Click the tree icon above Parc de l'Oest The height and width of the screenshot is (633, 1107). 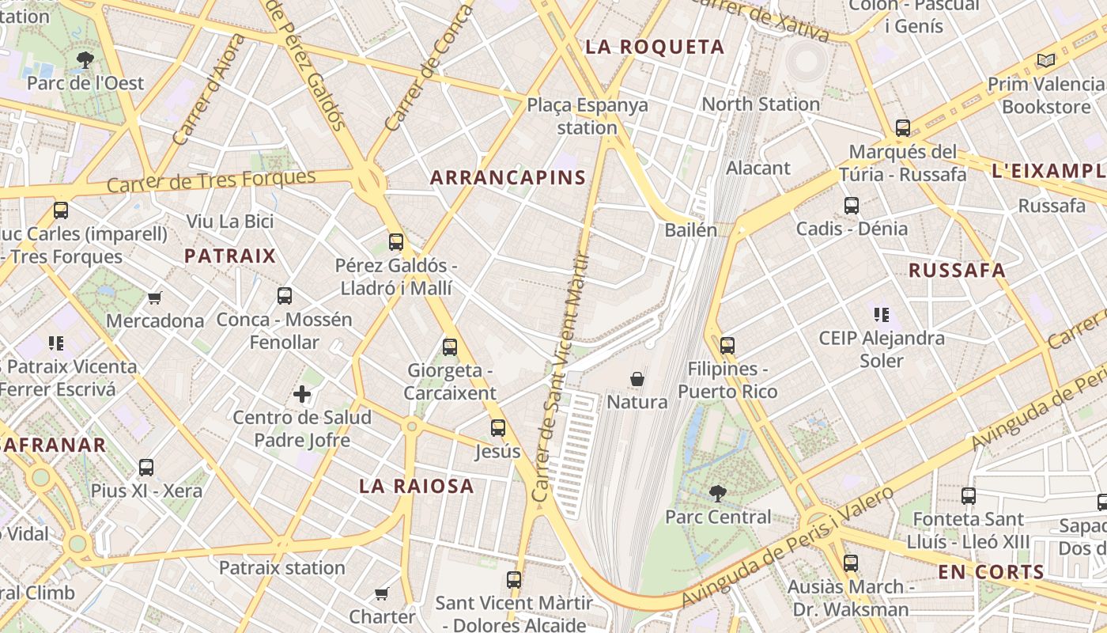[x=85, y=59]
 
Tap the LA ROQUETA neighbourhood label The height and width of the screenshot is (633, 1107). [x=655, y=47]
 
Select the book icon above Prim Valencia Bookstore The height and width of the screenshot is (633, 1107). [x=1045, y=60]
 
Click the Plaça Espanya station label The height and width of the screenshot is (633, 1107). [x=587, y=116]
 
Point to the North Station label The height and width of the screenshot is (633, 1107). [x=761, y=104]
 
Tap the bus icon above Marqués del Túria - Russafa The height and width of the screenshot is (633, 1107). [x=902, y=127]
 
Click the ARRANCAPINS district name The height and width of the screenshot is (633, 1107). [x=508, y=178]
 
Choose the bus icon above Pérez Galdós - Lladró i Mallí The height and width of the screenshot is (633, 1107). [x=395, y=241]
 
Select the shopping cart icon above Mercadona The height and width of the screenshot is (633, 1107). [x=155, y=298]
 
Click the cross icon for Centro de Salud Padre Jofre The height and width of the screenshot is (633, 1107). [x=302, y=393]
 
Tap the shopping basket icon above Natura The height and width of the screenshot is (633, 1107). [x=637, y=380]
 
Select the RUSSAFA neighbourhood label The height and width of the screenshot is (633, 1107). [x=957, y=271]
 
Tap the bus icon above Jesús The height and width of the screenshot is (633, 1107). [x=497, y=428]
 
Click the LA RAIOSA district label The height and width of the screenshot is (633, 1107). [x=417, y=486]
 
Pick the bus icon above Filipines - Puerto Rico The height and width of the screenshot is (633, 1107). [x=727, y=346]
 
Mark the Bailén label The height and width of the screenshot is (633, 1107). [x=690, y=230]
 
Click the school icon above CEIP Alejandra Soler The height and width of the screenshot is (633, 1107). [x=882, y=315]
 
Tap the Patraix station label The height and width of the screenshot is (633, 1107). [x=281, y=567]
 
